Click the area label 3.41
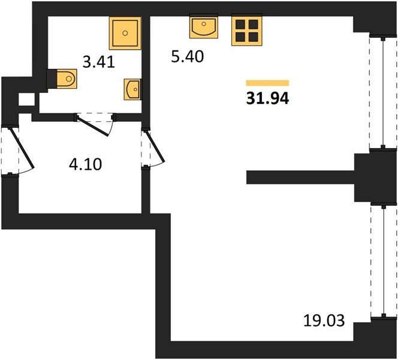click(x=99, y=62)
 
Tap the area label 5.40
click(x=188, y=56)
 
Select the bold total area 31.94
click(x=267, y=98)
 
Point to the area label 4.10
click(x=86, y=164)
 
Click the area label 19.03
click(x=324, y=320)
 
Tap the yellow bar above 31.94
click(x=267, y=83)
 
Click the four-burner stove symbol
click(x=247, y=31)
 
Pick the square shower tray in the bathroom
click(x=125, y=33)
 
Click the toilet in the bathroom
click(x=63, y=79)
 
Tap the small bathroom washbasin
click(x=132, y=89)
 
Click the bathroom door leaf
click(x=93, y=126)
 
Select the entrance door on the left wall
click(x=22, y=148)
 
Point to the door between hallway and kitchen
click(x=155, y=146)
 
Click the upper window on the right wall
click(x=383, y=92)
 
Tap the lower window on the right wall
click(x=384, y=261)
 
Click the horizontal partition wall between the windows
click(x=300, y=177)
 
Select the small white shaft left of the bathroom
click(x=26, y=100)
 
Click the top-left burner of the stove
click(x=240, y=25)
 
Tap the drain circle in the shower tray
click(x=125, y=33)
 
